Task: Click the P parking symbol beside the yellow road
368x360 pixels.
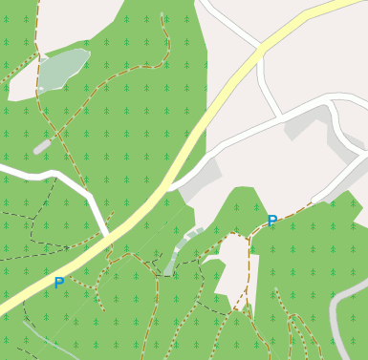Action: click(x=59, y=283)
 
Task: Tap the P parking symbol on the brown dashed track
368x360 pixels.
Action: click(x=272, y=222)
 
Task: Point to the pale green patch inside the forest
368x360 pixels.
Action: click(x=63, y=68)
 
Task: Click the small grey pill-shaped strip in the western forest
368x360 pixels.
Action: click(x=42, y=146)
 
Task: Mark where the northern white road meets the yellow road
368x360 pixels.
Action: click(x=259, y=48)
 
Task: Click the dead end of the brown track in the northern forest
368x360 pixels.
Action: click(x=163, y=14)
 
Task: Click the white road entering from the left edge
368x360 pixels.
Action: click(x=38, y=175)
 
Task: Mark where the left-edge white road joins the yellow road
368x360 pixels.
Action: click(x=106, y=235)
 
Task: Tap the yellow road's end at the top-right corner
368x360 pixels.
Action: click(x=359, y=4)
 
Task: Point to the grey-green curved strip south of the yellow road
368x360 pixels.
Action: click(x=177, y=250)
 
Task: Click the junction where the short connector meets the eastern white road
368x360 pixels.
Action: click(x=281, y=118)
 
